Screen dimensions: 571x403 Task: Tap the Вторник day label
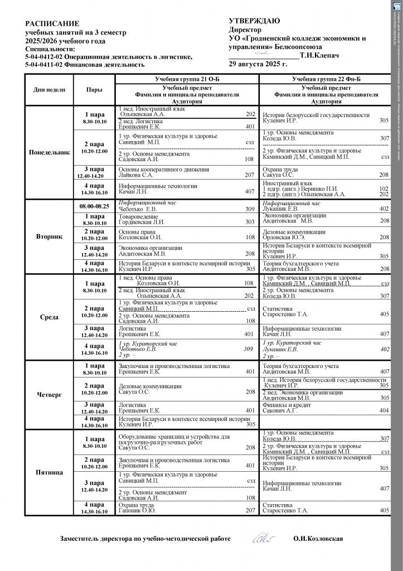(49, 236)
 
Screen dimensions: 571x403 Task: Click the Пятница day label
(49, 472)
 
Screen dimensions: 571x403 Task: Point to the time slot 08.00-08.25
(94, 206)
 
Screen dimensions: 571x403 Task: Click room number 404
(384, 410)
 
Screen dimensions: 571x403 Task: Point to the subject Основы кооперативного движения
(164, 169)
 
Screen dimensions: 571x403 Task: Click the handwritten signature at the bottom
(263, 538)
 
